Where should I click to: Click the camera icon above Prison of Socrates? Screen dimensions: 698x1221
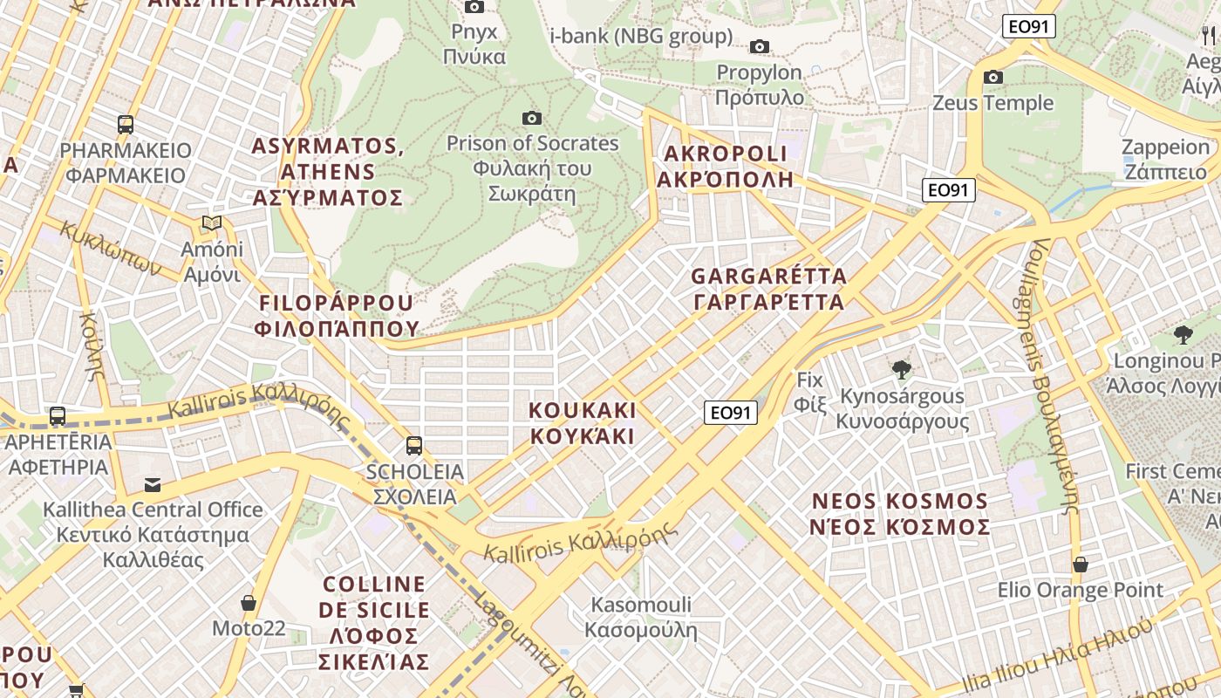[x=531, y=118]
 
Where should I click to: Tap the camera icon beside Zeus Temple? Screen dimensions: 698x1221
[x=992, y=78]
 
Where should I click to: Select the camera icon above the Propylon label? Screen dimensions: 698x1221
[x=760, y=46]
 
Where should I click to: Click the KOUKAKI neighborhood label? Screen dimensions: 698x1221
[x=583, y=423]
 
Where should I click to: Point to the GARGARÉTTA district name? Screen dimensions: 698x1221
[x=768, y=290]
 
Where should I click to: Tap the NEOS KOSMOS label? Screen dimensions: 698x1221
[x=901, y=514]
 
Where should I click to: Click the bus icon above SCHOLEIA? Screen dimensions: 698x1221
[x=414, y=446]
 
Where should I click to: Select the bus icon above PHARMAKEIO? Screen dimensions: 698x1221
[x=126, y=125]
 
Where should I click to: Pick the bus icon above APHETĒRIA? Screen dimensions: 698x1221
[x=58, y=416]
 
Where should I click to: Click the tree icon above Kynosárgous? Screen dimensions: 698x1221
[x=902, y=370]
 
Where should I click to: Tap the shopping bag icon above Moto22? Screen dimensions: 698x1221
[x=249, y=603]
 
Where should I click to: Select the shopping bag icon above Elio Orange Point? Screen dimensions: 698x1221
[x=1080, y=565]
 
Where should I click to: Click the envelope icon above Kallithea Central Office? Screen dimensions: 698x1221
[x=153, y=484]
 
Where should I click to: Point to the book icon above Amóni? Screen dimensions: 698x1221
[x=212, y=223]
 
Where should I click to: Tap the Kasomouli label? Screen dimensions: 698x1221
[x=641, y=617]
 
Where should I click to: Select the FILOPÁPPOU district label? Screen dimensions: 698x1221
[x=336, y=315]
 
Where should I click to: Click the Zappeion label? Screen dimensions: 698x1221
[x=1165, y=159]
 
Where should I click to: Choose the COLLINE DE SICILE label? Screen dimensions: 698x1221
[x=374, y=622]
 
